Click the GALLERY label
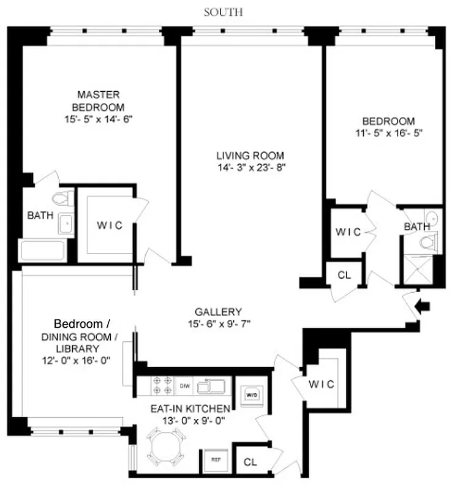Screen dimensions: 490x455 click(x=219, y=311)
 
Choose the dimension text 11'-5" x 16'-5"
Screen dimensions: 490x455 click(x=388, y=132)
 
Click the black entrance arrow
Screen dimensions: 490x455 click(x=423, y=304)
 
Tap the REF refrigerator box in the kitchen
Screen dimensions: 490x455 click(x=216, y=459)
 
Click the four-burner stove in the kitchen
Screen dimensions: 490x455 click(x=162, y=385)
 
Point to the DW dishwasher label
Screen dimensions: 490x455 click(x=184, y=386)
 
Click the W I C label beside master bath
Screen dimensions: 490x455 click(x=110, y=225)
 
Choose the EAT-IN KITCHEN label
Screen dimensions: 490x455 click(x=190, y=409)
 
